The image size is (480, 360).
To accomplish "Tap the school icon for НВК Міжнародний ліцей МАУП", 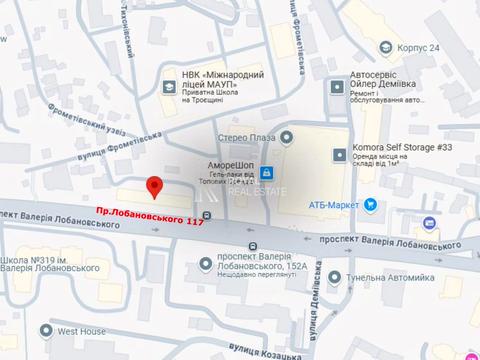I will pos(167,87).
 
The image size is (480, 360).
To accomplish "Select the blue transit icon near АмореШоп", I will pos(265,173).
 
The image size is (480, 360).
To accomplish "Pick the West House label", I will pos(81,330).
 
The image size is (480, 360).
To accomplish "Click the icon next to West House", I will pos(46,330).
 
